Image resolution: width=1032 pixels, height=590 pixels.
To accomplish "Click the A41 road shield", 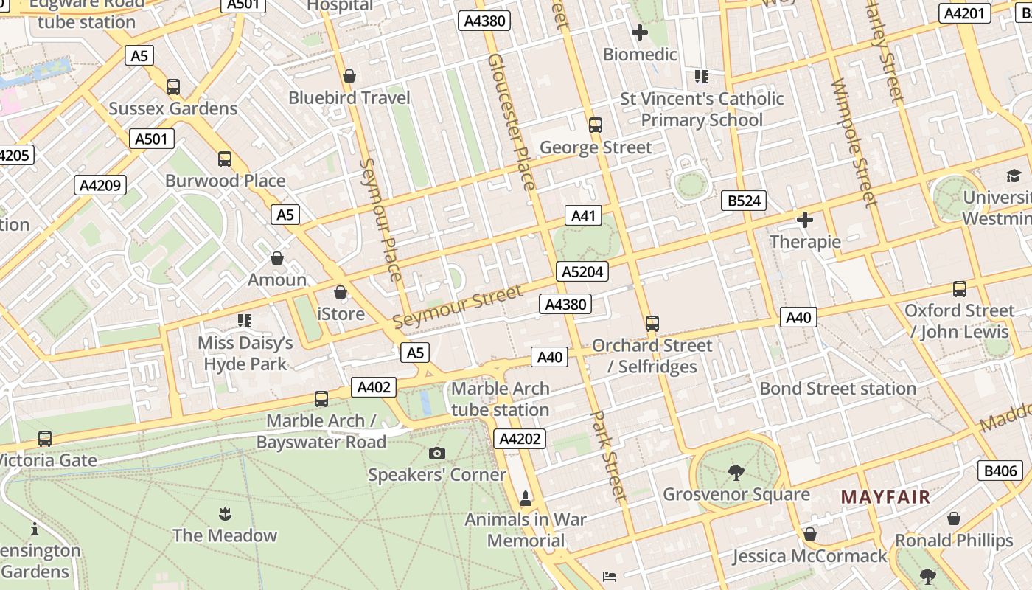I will point(582,215).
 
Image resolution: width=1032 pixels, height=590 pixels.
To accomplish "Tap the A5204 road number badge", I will point(582,271).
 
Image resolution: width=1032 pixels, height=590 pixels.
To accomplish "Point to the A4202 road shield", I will point(520,439).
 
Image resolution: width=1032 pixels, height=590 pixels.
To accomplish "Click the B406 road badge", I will point(1000,471).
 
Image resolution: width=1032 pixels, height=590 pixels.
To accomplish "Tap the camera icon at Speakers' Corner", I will point(437,453).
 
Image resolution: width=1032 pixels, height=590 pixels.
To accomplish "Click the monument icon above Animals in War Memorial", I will point(526,499).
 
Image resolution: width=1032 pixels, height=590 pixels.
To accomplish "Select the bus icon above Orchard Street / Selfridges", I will point(652,323).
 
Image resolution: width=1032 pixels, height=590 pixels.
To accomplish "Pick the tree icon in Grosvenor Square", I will point(736,472).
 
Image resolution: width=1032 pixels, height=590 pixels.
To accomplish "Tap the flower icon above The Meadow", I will point(225,513).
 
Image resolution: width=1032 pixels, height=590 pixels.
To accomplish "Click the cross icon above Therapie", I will point(805,220).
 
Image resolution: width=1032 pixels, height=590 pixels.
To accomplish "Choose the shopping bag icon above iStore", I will point(341,292).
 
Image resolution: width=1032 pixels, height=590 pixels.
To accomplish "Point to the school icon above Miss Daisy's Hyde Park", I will point(245,321).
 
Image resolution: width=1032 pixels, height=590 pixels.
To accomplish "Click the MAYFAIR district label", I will point(885,497).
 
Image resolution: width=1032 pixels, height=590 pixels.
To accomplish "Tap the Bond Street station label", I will point(837,389).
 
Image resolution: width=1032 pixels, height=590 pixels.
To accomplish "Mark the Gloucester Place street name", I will point(511,122).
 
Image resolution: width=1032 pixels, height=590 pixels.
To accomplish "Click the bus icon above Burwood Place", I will point(225,159).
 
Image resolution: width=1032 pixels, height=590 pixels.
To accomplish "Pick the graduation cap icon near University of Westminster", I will point(1014,176).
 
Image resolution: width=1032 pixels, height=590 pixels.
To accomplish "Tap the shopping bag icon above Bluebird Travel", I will point(349,76).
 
